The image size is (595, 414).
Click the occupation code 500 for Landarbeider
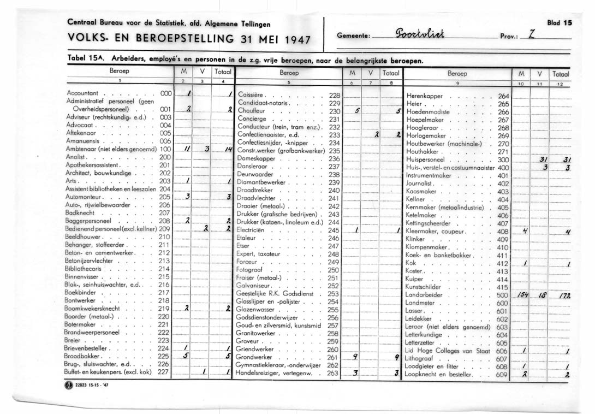click(x=502, y=295)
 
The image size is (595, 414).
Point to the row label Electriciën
click(x=252, y=230)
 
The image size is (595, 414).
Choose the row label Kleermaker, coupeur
click(x=434, y=232)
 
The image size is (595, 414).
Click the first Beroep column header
click(x=119, y=72)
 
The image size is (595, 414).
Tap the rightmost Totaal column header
click(x=561, y=73)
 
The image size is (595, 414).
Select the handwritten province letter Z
click(x=532, y=35)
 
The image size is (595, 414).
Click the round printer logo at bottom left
click(x=68, y=389)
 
